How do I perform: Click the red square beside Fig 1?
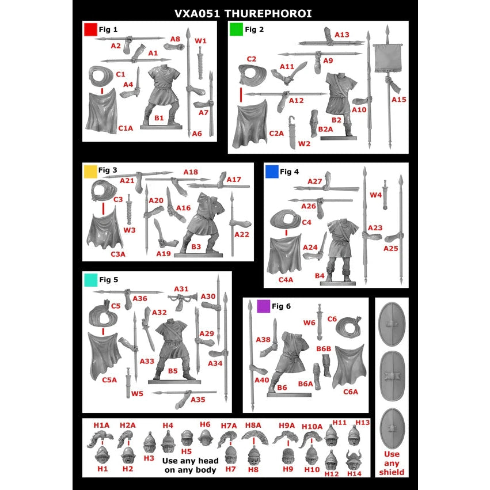click(x=90, y=30)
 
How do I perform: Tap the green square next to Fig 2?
click(x=236, y=29)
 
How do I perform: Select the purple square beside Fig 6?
click(x=264, y=306)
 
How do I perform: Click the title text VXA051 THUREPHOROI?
click(x=243, y=13)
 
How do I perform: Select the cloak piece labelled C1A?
click(x=101, y=112)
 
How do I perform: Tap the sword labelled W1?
click(x=200, y=63)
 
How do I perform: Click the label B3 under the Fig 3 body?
click(x=196, y=247)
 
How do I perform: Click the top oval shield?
click(x=392, y=324)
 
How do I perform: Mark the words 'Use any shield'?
click(x=392, y=463)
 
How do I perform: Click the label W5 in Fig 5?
click(x=137, y=393)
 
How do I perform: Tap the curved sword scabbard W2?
click(x=292, y=132)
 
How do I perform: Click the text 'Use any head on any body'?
click(x=191, y=465)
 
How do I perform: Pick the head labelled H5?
click(x=187, y=438)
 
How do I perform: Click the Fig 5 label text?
click(x=109, y=280)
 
